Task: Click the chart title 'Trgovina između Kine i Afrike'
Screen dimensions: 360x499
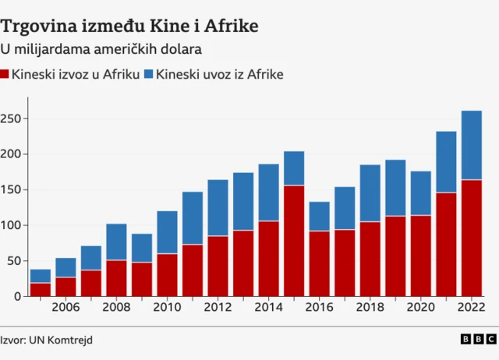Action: tap(129, 26)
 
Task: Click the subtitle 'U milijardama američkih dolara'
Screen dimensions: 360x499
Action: tap(101, 50)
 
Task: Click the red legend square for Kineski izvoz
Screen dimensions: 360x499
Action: tap(6, 75)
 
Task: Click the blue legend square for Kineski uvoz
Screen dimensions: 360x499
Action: tap(149, 75)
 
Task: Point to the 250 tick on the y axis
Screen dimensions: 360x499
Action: tap(13, 118)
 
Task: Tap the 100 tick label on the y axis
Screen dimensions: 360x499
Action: tap(13, 225)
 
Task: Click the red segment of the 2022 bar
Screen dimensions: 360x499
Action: tap(471, 238)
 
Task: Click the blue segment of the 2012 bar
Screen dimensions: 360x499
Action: tap(218, 207)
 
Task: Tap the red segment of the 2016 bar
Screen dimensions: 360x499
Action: tap(319, 263)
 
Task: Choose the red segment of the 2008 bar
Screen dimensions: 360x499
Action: tap(116, 278)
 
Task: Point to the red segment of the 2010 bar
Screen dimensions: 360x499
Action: tap(167, 274)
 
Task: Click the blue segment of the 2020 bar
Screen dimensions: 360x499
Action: tap(420, 192)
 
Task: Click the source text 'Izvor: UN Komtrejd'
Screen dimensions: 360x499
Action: tap(41, 340)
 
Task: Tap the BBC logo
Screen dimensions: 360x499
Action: tap(477, 339)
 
